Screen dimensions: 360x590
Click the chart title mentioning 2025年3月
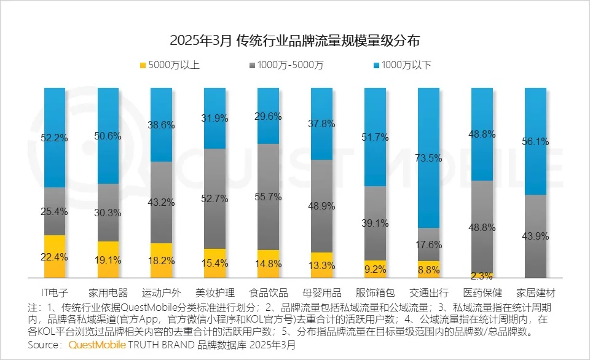point(295,41)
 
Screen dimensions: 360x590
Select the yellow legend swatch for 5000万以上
point(143,65)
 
